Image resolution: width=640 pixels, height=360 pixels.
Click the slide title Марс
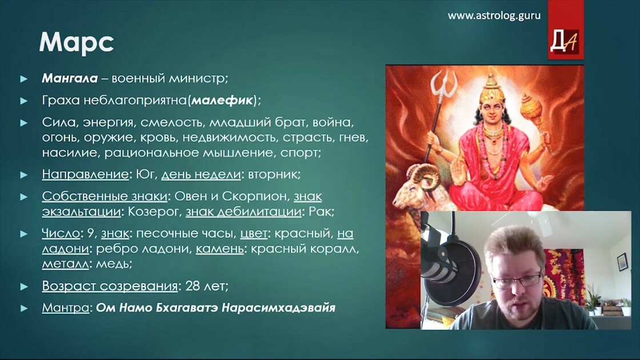point(77,43)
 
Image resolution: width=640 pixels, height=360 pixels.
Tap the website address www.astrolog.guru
point(494,15)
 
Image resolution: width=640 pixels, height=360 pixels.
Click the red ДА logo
point(565,41)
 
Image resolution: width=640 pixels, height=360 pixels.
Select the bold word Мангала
point(70,78)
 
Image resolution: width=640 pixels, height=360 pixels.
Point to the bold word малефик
point(222,100)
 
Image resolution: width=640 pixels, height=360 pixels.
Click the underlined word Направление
point(85,174)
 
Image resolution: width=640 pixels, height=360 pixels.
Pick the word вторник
point(274,174)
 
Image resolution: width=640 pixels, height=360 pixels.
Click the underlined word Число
point(61,233)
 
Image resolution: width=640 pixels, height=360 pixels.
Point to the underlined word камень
point(219,248)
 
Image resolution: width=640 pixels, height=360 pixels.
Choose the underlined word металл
point(65,263)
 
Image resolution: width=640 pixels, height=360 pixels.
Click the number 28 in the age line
point(193,286)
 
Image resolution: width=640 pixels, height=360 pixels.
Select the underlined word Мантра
point(65,307)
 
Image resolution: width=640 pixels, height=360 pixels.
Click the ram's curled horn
point(425,178)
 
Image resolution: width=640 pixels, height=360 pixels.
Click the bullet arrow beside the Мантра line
point(24,308)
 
